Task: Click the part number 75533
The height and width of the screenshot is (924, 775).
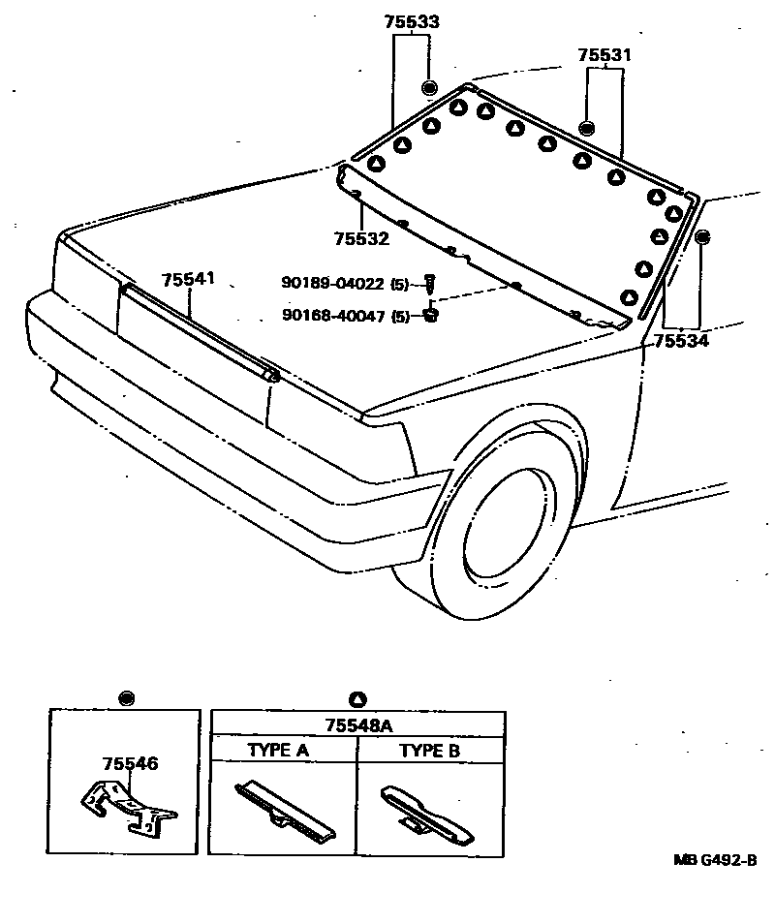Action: (411, 21)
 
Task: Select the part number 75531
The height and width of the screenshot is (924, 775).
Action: (604, 56)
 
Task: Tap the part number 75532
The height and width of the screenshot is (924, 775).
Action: (361, 238)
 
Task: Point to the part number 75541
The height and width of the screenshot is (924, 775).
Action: (189, 279)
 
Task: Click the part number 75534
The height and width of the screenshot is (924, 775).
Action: (681, 340)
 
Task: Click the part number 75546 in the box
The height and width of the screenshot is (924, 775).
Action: (131, 764)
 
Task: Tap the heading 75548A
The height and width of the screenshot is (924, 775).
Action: (357, 724)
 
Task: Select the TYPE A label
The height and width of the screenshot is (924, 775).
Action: (278, 750)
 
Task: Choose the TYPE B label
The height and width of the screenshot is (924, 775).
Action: (429, 750)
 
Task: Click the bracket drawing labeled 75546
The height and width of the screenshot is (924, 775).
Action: (126, 806)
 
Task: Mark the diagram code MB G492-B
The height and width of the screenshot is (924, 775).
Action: (715, 860)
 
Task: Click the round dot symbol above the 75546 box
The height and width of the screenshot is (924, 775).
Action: (125, 697)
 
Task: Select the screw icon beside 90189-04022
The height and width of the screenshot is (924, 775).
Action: (431, 284)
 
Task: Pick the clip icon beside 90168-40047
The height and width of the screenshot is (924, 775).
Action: (431, 315)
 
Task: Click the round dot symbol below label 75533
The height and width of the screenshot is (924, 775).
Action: (429, 88)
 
